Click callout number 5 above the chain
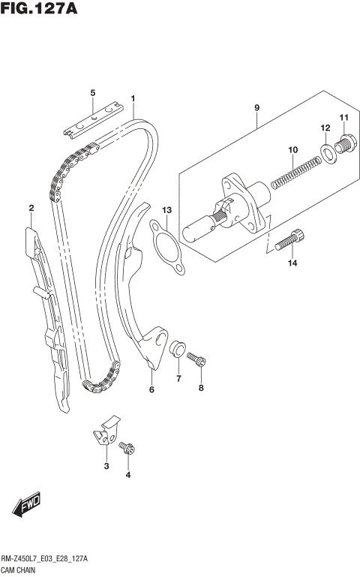93,92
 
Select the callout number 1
133,98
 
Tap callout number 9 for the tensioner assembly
256,108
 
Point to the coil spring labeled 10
289,171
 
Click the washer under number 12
327,153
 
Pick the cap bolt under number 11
345,143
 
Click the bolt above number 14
289,240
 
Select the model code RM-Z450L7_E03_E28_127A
45,560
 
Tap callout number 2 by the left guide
31,208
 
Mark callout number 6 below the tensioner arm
151,389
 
